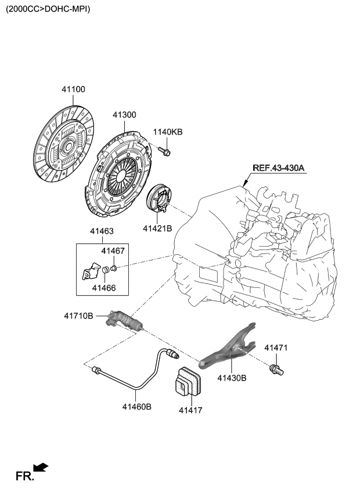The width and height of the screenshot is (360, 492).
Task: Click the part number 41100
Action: tap(74, 89)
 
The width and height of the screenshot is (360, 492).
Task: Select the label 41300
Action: tap(124, 115)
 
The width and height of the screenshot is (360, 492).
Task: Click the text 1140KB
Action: tap(168, 132)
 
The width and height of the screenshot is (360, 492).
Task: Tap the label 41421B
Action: tap(158, 229)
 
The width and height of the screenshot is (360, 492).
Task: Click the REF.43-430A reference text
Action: tap(279, 168)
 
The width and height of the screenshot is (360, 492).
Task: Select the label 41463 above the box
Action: tap(102, 231)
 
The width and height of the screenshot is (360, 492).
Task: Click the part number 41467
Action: tap(113, 251)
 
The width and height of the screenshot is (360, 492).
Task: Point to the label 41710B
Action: tap(78, 316)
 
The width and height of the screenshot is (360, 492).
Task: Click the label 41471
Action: tap(276, 348)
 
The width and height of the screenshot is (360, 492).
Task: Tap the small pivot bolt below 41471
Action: tap(275, 368)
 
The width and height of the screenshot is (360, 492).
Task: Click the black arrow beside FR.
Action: tap(41, 467)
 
